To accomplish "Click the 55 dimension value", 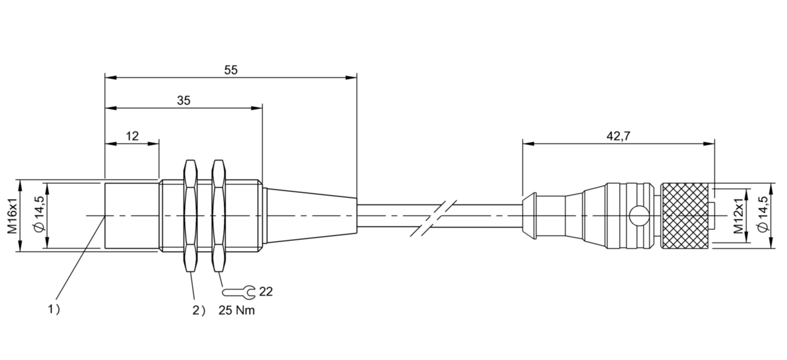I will pos(230,70).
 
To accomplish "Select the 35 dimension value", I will pos(183,101).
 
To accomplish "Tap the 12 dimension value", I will pos(132,136).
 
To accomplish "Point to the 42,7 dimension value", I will pos(618,136).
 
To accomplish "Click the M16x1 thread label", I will pos(11,216).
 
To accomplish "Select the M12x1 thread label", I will pos(739,216).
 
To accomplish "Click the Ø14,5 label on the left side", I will pos(38,216).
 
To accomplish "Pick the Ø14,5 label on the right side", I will pos(765,216).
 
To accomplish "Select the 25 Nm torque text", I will pos(237,310).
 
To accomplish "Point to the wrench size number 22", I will pos(266,292).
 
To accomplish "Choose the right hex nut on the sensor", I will pos(218,216).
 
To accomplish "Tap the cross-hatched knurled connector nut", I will pos(685,216).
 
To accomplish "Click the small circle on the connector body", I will pos(638,216).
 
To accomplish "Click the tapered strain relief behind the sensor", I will pos(311,216).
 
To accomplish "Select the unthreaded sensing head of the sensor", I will pos(131,216).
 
